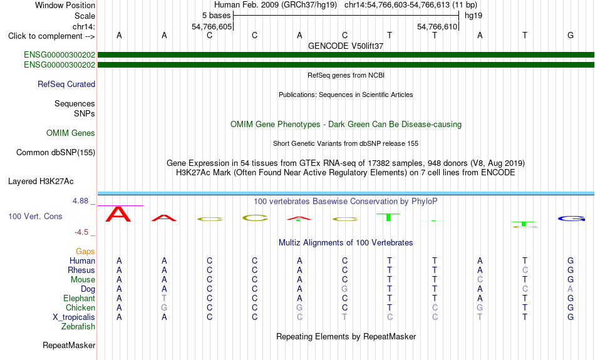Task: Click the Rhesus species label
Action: click(81, 270)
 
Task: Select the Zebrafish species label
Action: click(78, 326)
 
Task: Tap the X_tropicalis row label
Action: click(74, 317)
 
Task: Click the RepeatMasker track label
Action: click(69, 345)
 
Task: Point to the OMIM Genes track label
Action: click(71, 133)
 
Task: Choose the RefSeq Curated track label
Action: click(66, 85)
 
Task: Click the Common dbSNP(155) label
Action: click(56, 153)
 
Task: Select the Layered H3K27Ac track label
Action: click(41, 182)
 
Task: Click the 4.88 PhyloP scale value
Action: click(80, 201)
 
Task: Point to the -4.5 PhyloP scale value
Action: click(81, 232)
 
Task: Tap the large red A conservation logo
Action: click(118, 214)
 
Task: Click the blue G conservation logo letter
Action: click(571, 219)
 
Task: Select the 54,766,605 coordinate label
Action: click(211, 26)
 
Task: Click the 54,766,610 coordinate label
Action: click(437, 26)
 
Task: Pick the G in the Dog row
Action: click(344, 289)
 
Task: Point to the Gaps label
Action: click(85, 252)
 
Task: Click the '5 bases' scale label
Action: click(216, 16)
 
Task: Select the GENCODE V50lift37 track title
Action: click(346, 46)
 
